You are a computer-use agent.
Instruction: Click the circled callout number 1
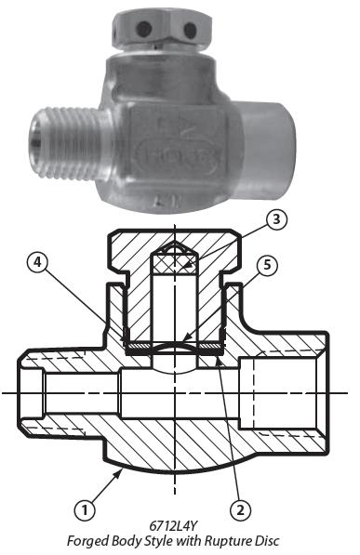click(x=85, y=510)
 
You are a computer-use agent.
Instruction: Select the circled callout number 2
click(x=240, y=510)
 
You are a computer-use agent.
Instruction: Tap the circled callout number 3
click(x=276, y=219)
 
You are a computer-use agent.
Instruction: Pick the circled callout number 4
click(x=38, y=263)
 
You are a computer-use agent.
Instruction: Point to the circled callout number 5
click(x=267, y=265)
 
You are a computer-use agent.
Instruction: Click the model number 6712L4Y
click(x=172, y=526)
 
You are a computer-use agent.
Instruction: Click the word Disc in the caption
click(x=267, y=541)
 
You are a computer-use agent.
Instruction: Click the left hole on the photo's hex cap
click(x=143, y=28)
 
